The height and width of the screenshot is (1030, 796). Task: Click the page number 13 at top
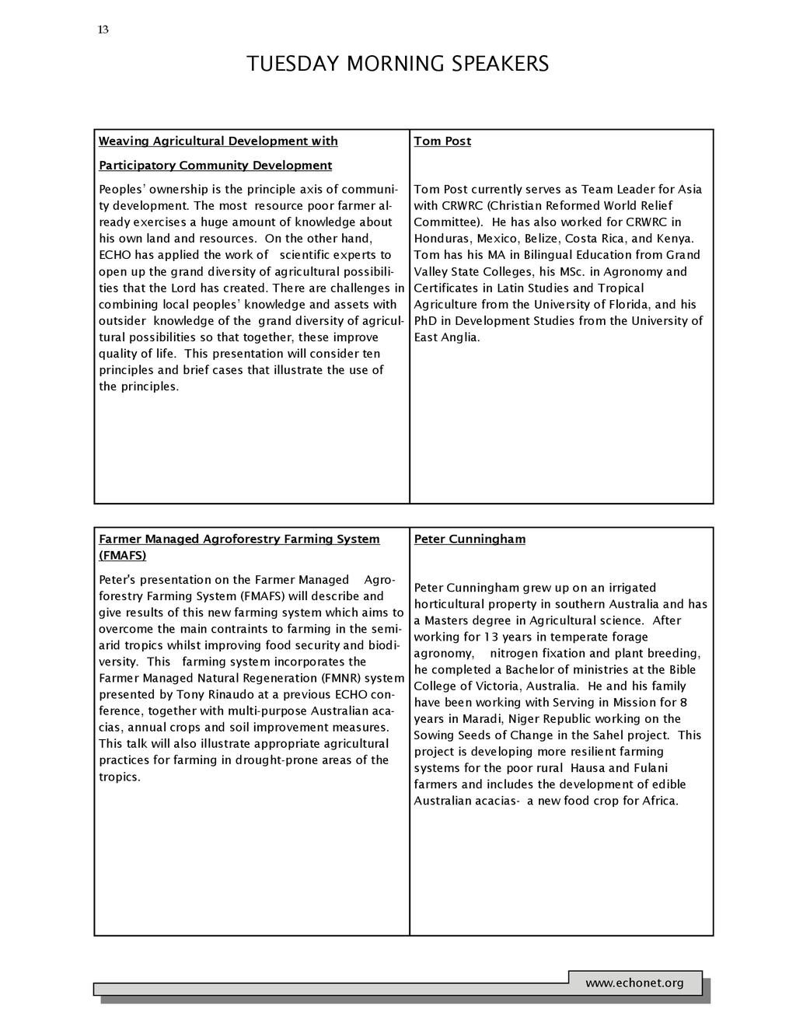click(103, 30)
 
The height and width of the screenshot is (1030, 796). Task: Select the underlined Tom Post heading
click(442, 141)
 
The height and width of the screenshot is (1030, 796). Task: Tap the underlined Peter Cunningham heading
click(470, 539)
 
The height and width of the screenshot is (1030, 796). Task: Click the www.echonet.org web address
click(634, 983)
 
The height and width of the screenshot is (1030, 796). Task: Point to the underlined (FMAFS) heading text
click(123, 555)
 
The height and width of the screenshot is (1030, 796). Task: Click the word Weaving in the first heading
click(124, 141)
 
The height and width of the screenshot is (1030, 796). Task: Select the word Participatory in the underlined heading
click(137, 165)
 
